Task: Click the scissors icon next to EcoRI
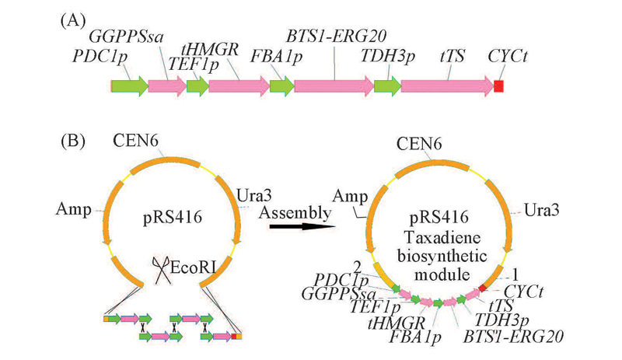[162, 271]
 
